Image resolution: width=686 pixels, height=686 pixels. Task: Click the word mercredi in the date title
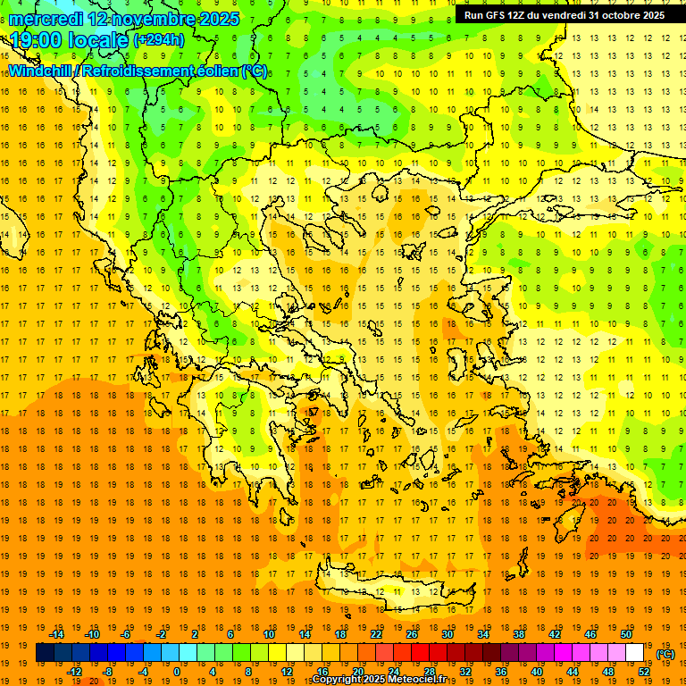click(46, 19)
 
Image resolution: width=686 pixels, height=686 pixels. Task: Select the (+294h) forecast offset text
click(159, 40)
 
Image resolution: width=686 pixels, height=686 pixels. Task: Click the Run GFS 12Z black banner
click(564, 15)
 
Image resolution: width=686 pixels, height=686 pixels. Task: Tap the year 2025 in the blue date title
click(215, 19)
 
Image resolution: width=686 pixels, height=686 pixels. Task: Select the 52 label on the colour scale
click(644, 672)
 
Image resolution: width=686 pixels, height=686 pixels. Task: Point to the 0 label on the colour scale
click(177, 672)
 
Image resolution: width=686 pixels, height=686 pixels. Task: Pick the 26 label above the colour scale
click(412, 634)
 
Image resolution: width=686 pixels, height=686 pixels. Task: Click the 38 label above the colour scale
click(519, 634)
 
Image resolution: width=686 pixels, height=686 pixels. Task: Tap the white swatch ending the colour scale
click(634, 653)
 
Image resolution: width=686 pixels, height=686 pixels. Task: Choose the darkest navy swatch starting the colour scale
click(45, 653)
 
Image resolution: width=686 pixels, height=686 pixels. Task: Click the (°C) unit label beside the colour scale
click(665, 654)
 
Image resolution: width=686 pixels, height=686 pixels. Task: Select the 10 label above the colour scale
click(269, 634)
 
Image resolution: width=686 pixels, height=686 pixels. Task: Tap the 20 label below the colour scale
click(358, 672)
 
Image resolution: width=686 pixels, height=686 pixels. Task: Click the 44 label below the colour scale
click(573, 672)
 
